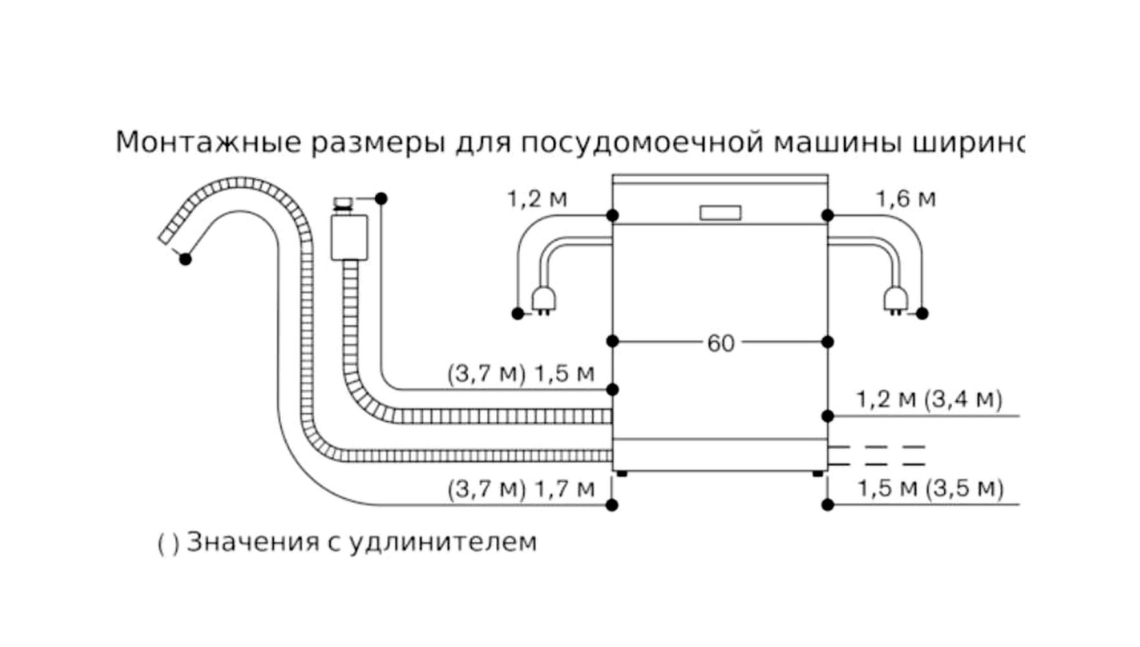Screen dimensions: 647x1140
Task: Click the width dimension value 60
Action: tap(720, 343)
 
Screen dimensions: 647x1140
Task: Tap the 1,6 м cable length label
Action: tap(906, 199)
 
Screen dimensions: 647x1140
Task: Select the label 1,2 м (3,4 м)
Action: tap(929, 399)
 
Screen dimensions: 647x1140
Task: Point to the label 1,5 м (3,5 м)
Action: tap(930, 488)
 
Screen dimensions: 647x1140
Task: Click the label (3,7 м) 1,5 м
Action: tap(520, 373)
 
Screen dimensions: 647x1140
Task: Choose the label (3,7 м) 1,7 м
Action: tap(521, 488)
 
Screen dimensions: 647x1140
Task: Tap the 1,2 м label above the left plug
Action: tap(537, 199)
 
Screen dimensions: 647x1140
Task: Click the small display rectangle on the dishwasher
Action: tap(720, 213)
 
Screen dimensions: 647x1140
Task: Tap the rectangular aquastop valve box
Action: tap(349, 237)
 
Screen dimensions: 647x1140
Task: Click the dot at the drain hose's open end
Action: tap(186, 259)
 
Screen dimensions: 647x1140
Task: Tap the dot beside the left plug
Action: tap(518, 314)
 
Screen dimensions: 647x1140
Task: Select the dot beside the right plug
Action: tap(923, 314)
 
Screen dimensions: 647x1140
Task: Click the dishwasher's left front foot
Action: tap(622, 474)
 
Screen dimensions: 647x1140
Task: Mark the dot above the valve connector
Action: tap(381, 199)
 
